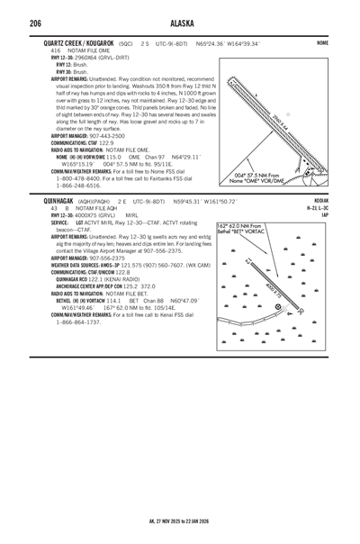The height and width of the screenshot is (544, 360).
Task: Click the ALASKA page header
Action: pos(180,23)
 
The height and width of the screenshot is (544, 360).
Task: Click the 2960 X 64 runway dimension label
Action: pos(278,121)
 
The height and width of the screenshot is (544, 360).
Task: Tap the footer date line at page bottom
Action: pos(180,521)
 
